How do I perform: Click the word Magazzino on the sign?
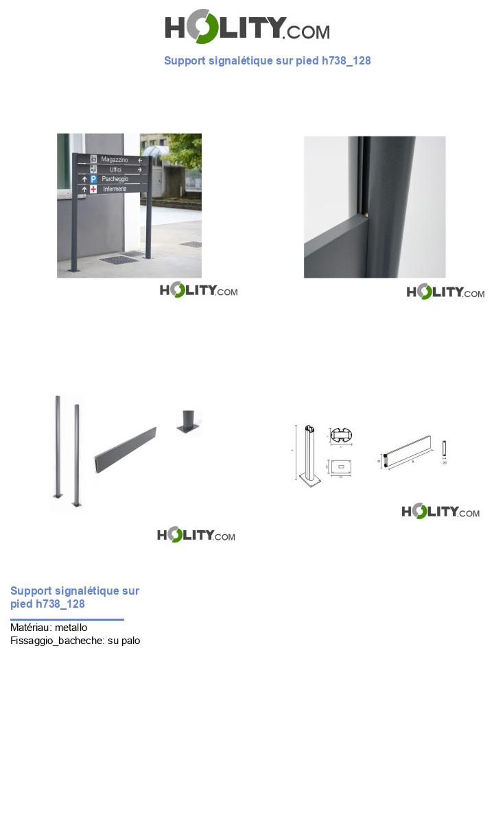tap(115, 160)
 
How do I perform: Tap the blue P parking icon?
tap(93, 179)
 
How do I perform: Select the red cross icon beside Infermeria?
tap(93, 189)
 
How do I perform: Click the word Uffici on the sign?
tap(115, 169)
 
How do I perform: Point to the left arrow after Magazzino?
tap(141, 160)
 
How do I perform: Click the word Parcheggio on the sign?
tap(115, 179)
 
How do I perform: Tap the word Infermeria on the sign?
tap(115, 189)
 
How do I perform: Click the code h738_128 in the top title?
tap(346, 60)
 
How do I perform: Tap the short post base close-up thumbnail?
tap(188, 423)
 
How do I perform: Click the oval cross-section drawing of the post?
tap(341, 436)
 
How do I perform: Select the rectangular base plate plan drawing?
tap(341, 466)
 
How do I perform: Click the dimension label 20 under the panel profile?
tap(445, 463)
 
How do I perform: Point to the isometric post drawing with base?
tap(311, 456)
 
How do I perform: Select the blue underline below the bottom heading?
tap(67, 619)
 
